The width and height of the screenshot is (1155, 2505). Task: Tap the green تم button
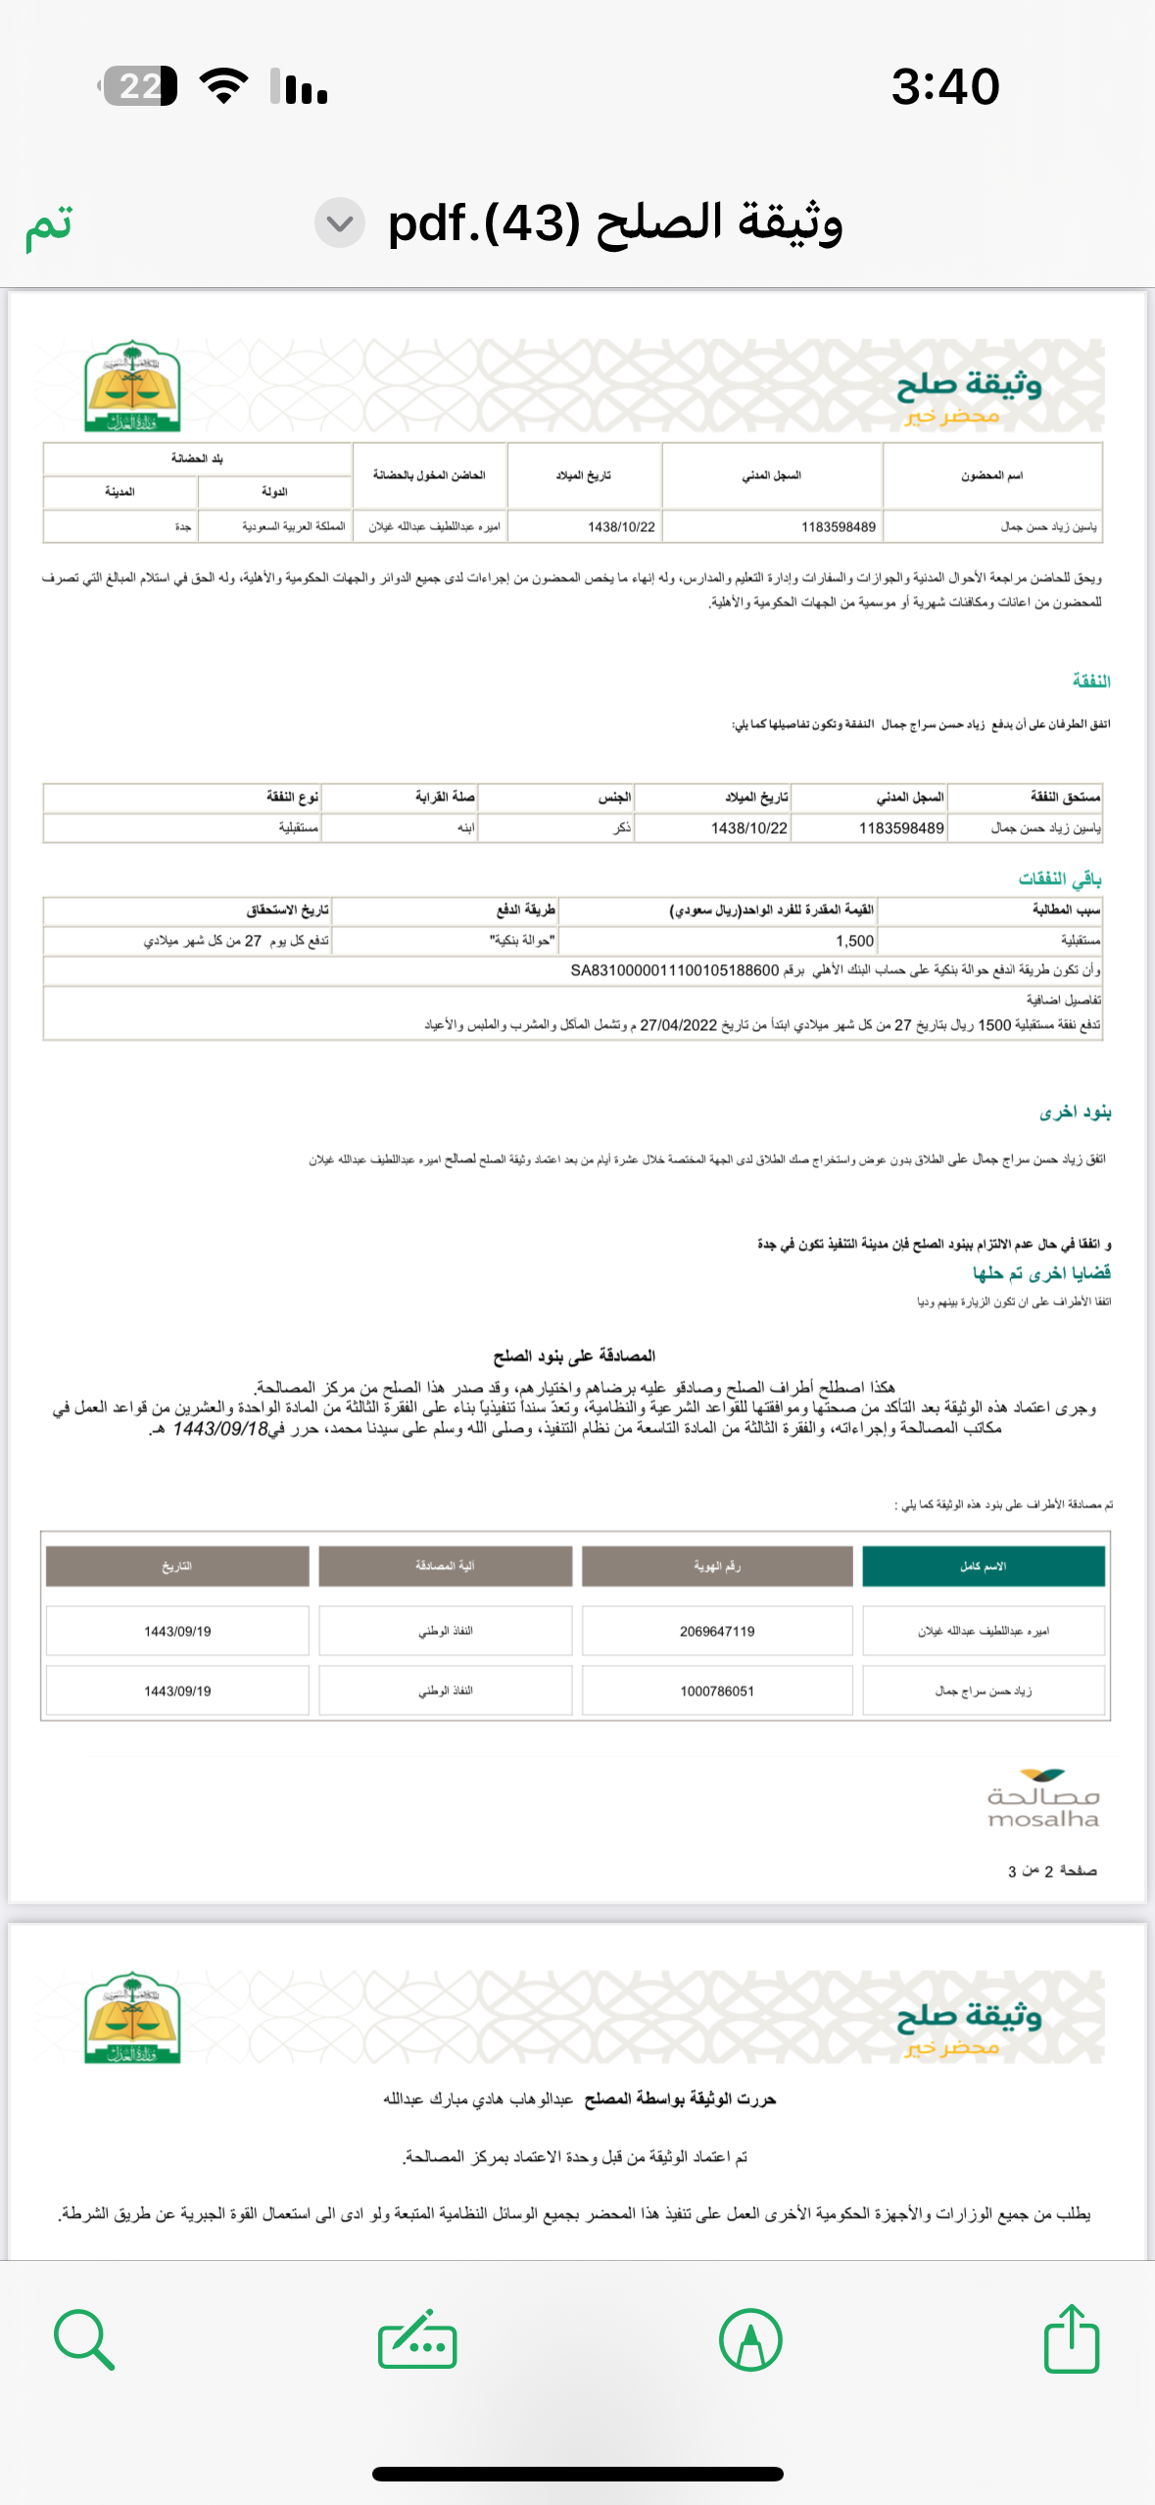click(49, 224)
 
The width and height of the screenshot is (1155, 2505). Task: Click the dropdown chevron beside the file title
click(339, 223)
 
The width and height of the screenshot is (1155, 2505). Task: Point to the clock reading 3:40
click(944, 86)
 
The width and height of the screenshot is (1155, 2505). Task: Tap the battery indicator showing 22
click(139, 86)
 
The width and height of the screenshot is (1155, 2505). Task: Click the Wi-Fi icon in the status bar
click(223, 86)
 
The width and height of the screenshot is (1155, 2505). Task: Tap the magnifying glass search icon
click(84, 2339)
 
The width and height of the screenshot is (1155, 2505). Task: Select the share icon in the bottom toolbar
click(1071, 2339)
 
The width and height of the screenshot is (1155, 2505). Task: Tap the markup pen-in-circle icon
click(750, 2339)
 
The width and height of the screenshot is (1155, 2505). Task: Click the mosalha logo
click(1042, 1799)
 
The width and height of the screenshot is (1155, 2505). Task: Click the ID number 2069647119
click(717, 1631)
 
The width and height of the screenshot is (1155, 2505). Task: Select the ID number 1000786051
click(717, 1691)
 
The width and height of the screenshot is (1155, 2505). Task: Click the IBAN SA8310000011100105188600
click(674, 970)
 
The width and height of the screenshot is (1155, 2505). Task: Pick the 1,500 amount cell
click(854, 941)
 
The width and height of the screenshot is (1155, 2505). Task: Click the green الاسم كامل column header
click(983, 1566)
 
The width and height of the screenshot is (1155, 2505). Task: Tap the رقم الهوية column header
click(717, 1566)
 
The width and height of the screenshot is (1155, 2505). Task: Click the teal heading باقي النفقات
click(1060, 878)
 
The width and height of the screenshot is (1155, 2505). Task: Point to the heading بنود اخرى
click(1075, 1112)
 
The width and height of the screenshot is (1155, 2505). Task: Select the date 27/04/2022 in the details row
click(678, 1025)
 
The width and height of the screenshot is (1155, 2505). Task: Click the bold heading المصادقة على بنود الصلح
click(574, 1355)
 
